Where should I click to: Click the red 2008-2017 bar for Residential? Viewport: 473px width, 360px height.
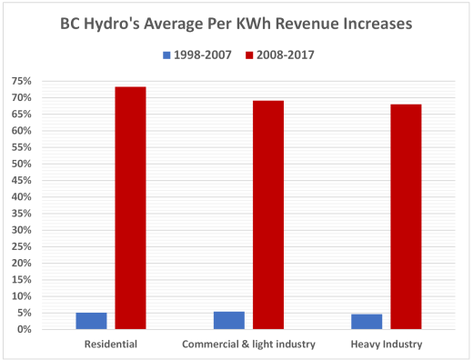pos(130,207)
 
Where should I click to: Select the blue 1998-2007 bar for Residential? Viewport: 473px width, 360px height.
pos(91,320)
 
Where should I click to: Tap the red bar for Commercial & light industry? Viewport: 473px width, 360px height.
pos(267,215)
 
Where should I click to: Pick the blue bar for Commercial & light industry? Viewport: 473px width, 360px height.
pos(228,319)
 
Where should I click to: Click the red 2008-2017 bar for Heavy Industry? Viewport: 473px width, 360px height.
pos(406,216)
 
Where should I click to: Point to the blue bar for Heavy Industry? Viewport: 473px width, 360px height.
pos(367,321)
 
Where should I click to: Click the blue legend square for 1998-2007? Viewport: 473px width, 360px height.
pos(166,55)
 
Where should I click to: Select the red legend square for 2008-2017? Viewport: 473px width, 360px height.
pos(251,55)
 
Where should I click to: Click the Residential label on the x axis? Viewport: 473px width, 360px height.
pos(110,345)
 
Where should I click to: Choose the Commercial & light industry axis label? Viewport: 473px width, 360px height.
pos(248,345)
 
